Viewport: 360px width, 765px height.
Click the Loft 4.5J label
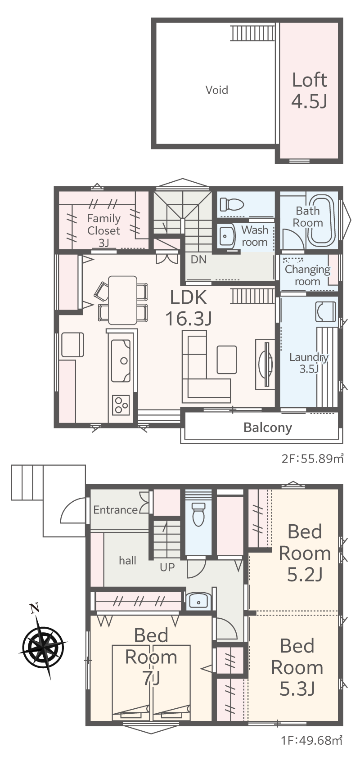[x=310, y=91]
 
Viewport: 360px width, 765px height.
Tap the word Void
[x=216, y=90]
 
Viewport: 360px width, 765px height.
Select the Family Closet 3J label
[x=104, y=230]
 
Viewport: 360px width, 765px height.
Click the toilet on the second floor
[x=232, y=205]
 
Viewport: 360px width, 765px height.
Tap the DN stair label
[x=198, y=260]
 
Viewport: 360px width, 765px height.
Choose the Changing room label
[x=307, y=275]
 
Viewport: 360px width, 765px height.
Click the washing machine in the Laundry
[x=326, y=312]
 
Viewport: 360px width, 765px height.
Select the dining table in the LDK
[x=122, y=300]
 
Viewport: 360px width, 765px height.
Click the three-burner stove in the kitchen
[x=121, y=405]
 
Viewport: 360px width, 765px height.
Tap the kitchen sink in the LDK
[x=121, y=360]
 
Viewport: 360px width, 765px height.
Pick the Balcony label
[x=268, y=427]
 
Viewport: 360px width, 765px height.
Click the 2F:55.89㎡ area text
[x=312, y=458]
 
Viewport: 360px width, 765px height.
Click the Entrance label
[x=116, y=510]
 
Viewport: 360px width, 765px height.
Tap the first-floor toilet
[x=198, y=513]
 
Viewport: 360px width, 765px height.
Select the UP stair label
[x=167, y=567]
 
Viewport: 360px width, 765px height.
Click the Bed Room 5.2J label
[x=305, y=553]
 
